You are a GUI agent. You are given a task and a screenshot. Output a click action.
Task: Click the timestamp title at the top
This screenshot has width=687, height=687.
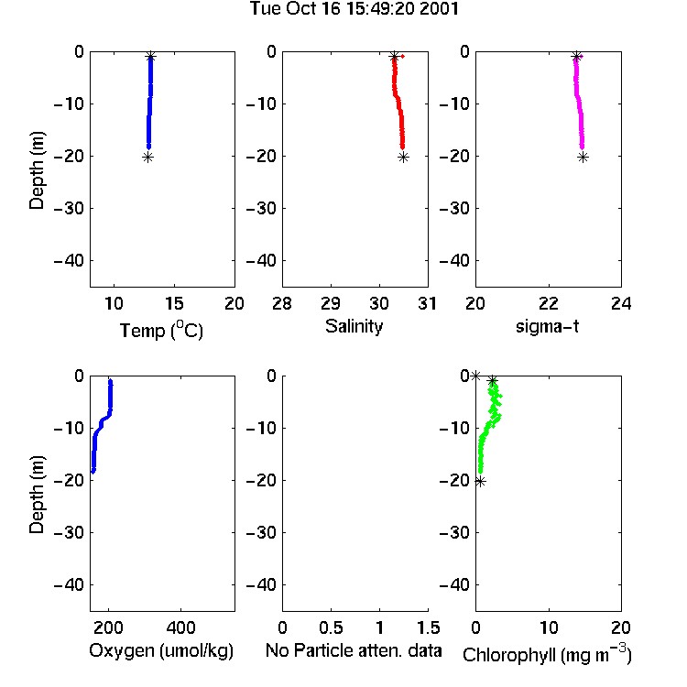[354, 8]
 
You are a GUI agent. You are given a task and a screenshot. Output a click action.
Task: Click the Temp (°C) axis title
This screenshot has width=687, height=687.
[161, 330]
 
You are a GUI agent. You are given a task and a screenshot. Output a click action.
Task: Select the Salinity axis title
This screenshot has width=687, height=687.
[354, 326]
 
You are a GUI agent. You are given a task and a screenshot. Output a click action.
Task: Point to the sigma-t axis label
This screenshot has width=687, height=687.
[547, 326]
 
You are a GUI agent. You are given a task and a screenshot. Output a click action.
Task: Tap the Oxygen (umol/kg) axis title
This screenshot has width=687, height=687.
[161, 650]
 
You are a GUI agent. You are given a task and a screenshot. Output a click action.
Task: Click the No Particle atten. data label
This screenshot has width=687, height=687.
[354, 650]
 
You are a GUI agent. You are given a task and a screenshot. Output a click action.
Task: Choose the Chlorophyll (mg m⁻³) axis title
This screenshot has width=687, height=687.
[547, 654]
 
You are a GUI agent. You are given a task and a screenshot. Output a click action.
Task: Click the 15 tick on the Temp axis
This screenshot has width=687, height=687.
[174, 303]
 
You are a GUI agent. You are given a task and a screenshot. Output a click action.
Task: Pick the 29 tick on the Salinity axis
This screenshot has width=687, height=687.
[331, 303]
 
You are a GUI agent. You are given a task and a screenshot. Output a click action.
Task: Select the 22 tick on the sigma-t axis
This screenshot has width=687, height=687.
[549, 303]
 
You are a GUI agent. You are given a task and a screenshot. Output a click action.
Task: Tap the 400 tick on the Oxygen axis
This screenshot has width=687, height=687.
[180, 627]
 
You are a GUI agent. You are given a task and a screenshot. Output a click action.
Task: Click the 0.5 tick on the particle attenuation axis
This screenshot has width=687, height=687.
[331, 627]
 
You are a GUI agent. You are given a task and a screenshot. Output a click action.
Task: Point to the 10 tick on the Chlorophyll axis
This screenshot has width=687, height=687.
[549, 627]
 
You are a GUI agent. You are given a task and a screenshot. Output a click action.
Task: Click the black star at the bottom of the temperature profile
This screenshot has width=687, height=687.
[148, 158]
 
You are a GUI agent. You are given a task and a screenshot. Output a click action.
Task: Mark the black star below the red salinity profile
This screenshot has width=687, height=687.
[404, 158]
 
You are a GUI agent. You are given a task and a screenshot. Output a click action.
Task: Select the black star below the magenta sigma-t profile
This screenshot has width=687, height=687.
[583, 158]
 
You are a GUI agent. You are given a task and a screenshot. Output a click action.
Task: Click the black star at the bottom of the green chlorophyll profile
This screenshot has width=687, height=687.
[480, 482]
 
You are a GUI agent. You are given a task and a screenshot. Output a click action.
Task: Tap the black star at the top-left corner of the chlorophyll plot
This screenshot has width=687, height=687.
[475, 376]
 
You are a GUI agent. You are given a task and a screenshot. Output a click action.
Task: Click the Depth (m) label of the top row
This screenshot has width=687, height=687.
[37, 170]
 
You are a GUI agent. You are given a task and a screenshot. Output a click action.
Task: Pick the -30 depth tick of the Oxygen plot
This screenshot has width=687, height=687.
[69, 532]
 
